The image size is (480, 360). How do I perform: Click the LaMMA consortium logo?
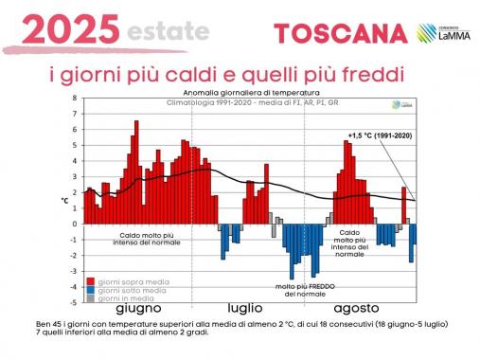pos(443,34)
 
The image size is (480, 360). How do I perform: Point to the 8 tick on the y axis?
pos(75,99)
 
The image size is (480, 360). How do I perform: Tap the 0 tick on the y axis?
pos(75,225)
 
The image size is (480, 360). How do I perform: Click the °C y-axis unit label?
pos(65,200)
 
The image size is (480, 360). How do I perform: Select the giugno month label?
pos(139,309)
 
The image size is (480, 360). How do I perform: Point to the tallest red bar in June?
pos(136,171)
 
